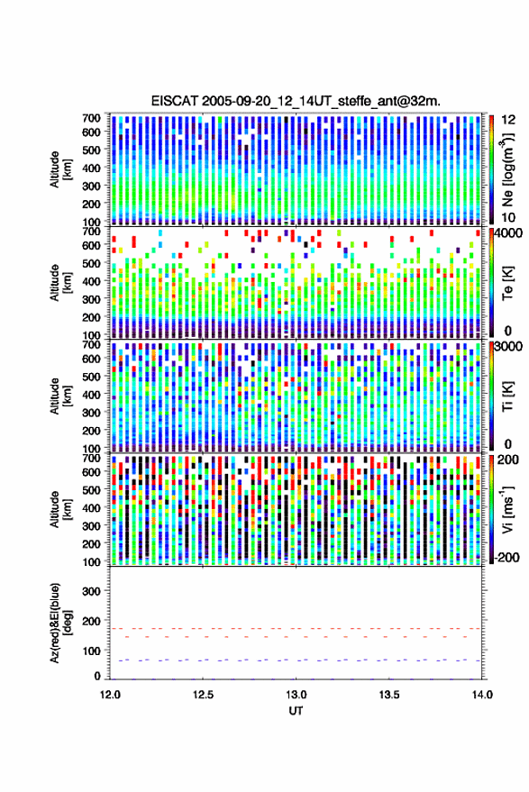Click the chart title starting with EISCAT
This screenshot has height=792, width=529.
coord(296,101)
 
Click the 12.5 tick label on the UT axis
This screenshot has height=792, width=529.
coord(203,695)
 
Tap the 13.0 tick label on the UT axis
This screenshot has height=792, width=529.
coord(296,695)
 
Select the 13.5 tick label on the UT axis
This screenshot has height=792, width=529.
coord(389,695)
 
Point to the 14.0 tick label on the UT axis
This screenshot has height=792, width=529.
coord(482,695)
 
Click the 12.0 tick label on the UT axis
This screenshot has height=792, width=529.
coord(110,695)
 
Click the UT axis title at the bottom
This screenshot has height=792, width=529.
coord(296,711)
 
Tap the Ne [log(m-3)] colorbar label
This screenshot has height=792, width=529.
coord(506,169)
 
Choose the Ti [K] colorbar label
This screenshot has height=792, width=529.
coord(507,396)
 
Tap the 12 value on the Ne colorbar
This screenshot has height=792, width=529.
coord(508,120)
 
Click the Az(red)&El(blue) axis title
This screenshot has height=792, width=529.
coord(60,623)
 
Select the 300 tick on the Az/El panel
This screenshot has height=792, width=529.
coord(92,591)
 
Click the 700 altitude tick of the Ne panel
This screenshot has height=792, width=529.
coord(91,118)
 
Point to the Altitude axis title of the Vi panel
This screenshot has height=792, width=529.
coord(60,509)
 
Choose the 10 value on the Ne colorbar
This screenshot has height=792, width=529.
coord(508,217)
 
